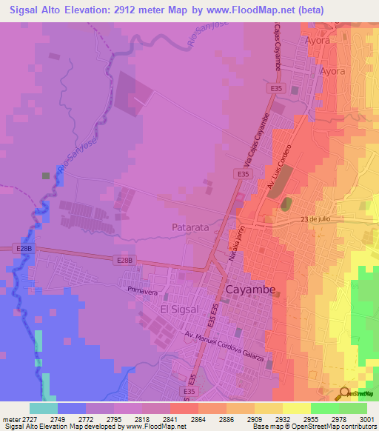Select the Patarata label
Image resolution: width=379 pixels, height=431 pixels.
[191, 227]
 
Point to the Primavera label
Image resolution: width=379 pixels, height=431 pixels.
[144, 291]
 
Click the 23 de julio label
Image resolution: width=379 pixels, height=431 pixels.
[315, 219]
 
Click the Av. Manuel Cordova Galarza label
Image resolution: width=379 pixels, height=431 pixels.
[224, 345]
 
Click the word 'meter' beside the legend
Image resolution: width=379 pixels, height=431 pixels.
[10, 418]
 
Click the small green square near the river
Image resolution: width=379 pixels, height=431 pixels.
[46, 176]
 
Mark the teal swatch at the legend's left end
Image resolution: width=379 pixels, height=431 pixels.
[44, 408]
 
